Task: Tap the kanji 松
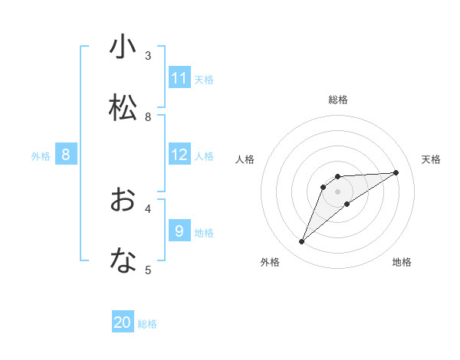click(123, 108)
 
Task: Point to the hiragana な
click(123, 261)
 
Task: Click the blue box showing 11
click(179, 78)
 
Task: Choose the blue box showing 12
click(179, 155)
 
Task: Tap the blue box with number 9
click(179, 231)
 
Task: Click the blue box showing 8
click(66, 155)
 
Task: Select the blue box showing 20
click(123, 322)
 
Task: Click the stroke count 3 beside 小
click(148, 56)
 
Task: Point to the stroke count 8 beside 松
click(148, 117)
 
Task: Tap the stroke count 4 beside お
click(148, 208)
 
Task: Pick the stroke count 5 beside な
click(148, 270)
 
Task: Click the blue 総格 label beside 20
click(147, 324)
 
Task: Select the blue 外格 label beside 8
click(41, 156)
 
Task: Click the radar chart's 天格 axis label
click(431, 159)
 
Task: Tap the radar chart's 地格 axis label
click(402, 263)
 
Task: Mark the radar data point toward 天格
click(396, 172)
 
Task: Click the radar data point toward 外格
click(302, 242)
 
